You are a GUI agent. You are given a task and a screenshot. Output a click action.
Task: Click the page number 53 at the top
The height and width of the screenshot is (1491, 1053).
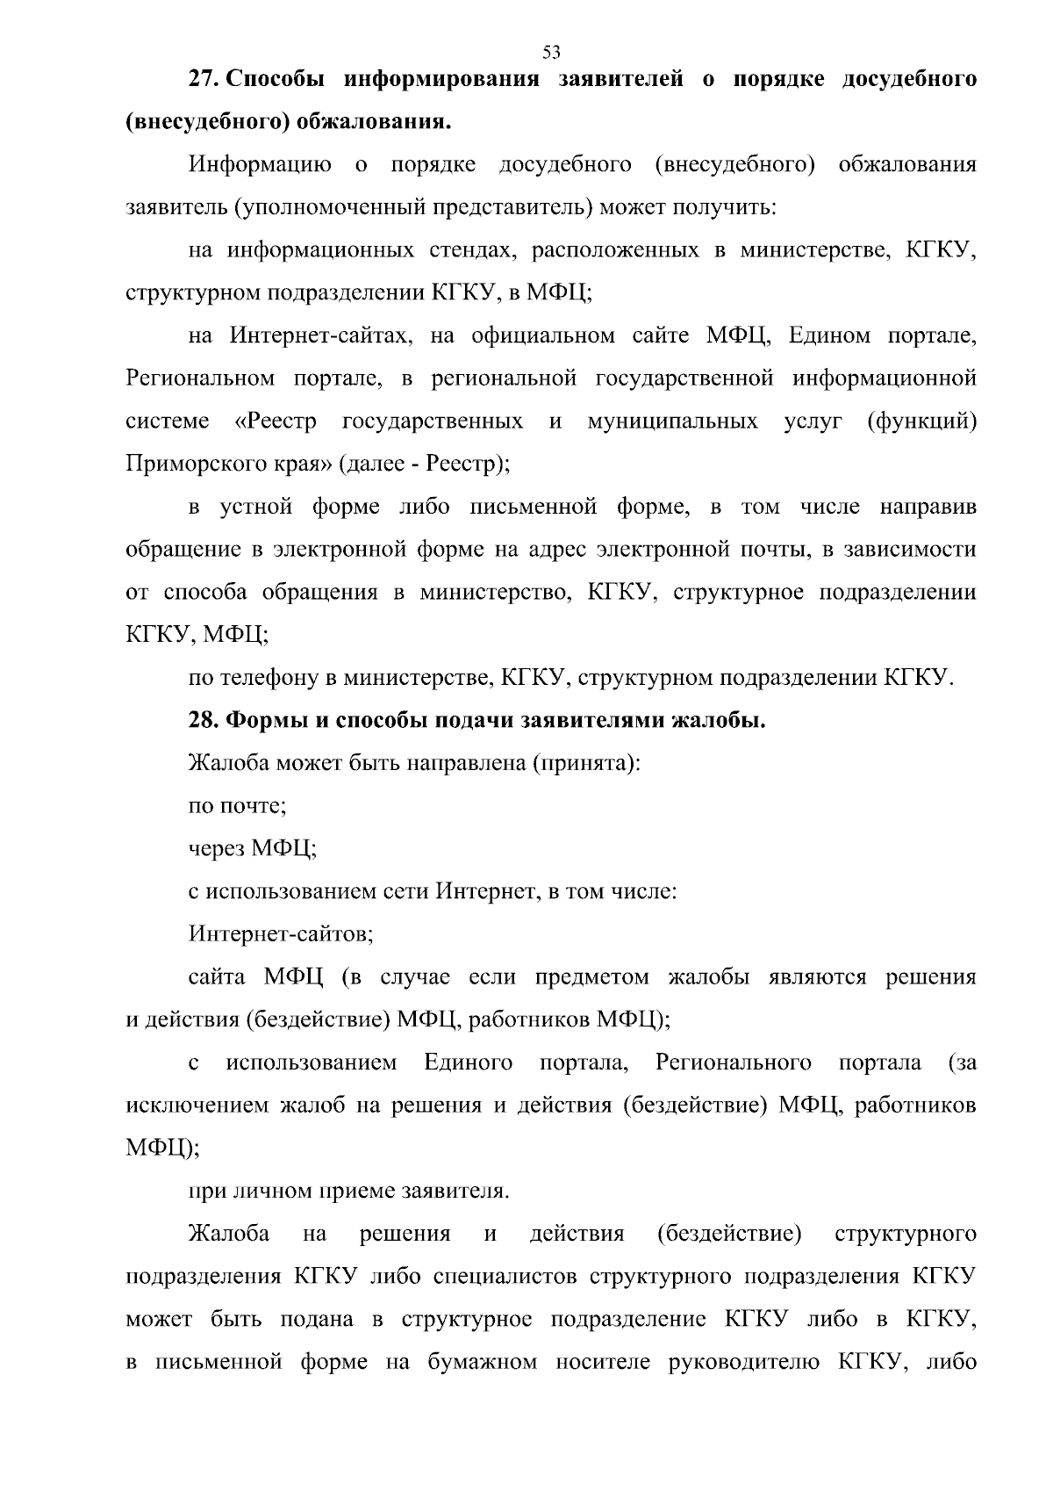(x=551, y=52)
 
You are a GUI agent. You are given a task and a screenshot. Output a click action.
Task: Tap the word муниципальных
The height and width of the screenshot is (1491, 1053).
(x=672, y=421)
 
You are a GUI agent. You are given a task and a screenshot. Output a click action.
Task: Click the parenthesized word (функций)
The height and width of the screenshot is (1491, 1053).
(x=921, y=421)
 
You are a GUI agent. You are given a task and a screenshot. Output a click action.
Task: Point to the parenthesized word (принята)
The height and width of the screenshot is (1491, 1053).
(x=586, y=763)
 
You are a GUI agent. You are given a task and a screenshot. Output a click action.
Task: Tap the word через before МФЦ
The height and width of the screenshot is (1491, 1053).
(x=217, y=849)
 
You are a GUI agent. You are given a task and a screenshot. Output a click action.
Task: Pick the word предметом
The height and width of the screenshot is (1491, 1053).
(x=592, y=977)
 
